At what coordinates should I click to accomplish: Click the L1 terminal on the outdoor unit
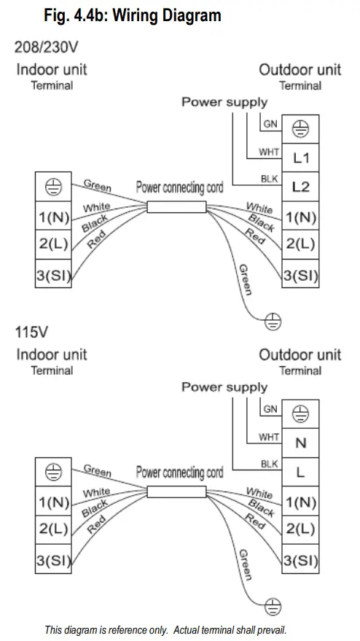(300, 157)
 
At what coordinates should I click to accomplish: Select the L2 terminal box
(300, 187)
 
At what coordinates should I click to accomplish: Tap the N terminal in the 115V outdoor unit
(300, 443)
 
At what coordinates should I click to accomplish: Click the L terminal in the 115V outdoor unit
(300, 472)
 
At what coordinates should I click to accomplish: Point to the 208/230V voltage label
(45, 48)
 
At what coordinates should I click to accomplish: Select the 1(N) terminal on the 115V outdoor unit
(300, 502)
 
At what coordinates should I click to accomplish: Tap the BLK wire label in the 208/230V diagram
(268, 178)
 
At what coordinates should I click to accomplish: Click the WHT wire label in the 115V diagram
(268, 438)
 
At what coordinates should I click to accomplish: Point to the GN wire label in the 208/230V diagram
(270, 125)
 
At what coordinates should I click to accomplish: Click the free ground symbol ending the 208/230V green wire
(275, 319)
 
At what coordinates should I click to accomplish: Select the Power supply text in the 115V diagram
(224, 387)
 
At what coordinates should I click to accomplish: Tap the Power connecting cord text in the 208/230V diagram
(179, 187)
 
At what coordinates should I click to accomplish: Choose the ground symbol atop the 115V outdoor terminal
(300, 413)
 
